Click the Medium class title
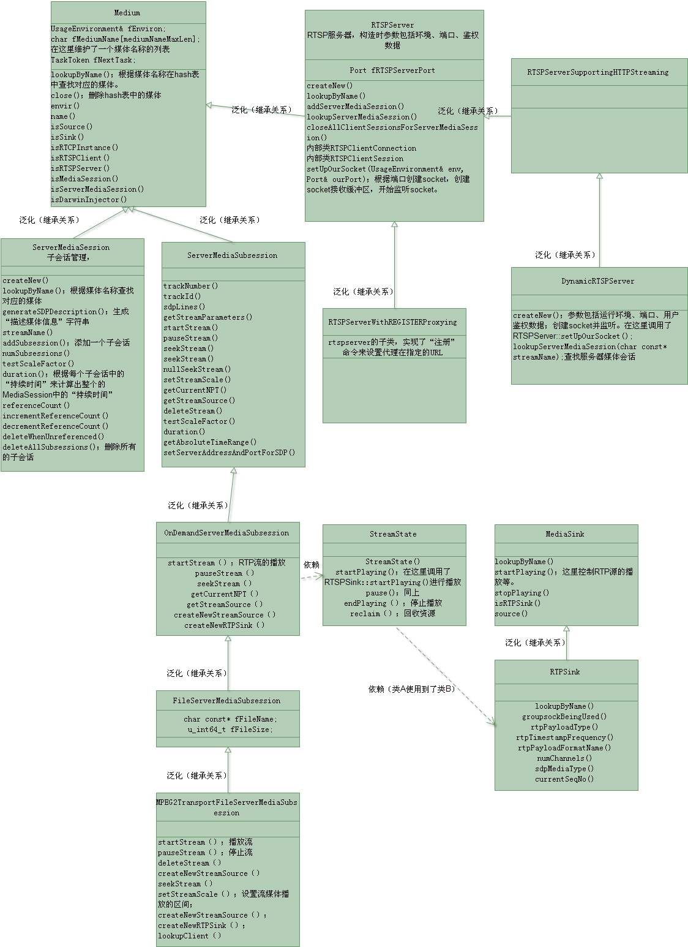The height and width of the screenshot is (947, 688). point(127,13)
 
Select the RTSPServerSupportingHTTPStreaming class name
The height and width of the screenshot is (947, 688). point(598,72)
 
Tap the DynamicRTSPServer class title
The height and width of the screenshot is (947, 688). point(598,281)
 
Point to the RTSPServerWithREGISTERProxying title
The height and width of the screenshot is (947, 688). point(392,322)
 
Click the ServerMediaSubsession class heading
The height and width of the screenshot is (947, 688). point(233,255)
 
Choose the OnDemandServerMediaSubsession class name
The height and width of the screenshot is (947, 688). point(226,533)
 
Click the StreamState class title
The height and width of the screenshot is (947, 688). point(393,534)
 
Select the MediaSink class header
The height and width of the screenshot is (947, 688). point(565,534)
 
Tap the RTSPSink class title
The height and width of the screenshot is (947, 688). point(565,672)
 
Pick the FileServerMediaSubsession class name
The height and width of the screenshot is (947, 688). point(226,701)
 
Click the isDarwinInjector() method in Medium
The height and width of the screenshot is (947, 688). point(89,200)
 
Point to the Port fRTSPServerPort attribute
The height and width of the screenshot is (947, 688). point(392,70)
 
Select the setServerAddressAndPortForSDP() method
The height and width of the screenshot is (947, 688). point(230,453)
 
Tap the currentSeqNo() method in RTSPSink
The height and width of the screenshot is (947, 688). point(564,779)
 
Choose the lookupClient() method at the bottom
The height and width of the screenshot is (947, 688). point(190,936)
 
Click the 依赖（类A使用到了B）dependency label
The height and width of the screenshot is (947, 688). point(412,689)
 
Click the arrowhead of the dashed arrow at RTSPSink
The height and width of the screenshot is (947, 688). point(492,722)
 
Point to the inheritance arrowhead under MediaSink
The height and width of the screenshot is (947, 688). point(567,629)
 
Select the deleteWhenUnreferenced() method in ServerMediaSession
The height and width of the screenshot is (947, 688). point(53,437)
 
